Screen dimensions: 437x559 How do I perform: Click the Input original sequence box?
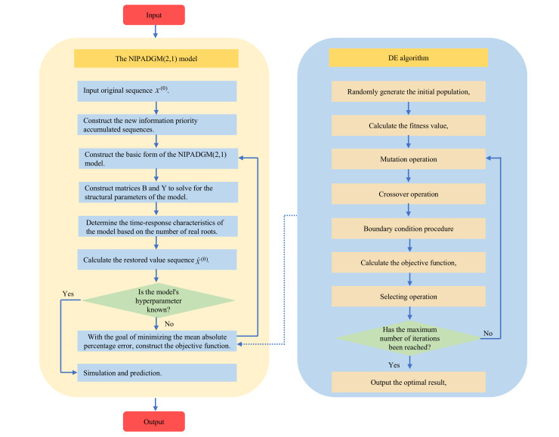[157, 91]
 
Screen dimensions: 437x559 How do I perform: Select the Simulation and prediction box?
[157, 373]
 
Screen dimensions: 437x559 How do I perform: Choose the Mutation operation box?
[409, 158]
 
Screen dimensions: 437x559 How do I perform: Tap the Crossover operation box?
[409, 193]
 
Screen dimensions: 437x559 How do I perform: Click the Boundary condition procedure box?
[409, 227]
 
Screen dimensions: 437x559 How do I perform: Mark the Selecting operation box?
[409, 297]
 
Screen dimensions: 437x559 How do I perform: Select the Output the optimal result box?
[409, 382]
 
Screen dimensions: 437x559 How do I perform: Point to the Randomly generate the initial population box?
[409, 91]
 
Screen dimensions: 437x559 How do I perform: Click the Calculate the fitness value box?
[409, 125]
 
